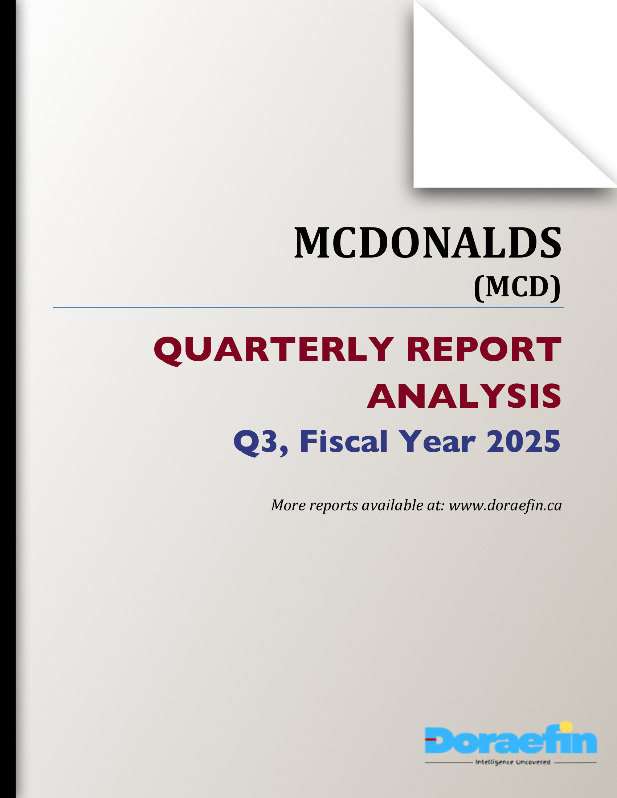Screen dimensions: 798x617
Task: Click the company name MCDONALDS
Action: [427, 243]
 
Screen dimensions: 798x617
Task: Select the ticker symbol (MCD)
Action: [517, 287]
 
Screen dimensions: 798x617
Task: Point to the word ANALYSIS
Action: [464, 396]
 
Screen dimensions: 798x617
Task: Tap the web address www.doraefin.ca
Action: [505, 505]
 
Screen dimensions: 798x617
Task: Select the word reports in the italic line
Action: [333, 506]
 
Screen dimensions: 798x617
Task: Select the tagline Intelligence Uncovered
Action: [512, 762]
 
